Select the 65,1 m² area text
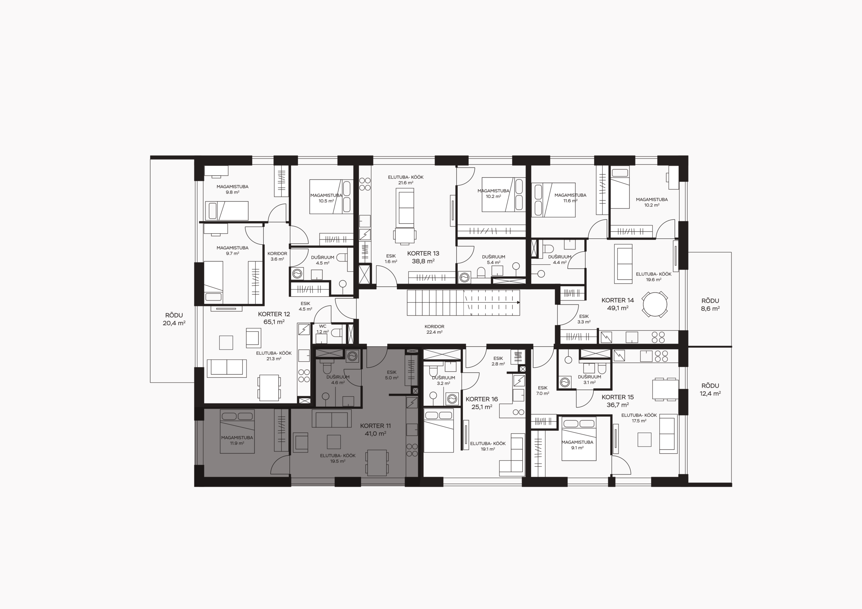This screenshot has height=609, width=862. click(x=274, y=322)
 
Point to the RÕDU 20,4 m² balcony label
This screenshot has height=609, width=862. click(x=174, y=319)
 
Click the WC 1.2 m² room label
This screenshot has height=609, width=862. click(x=323, y=329)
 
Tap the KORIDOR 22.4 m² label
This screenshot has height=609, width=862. click(x=434, y=329)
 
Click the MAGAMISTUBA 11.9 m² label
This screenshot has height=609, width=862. click(x=237, y=440)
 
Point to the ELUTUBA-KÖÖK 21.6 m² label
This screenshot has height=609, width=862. click(x=406, y=180)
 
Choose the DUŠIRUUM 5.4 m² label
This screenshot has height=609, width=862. click(x=494, y=260)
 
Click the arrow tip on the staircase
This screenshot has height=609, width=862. click(x=520, y=302)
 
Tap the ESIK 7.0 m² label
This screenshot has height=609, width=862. click(x=542, y=391)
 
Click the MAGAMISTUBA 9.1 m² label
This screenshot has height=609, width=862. click(x=577, y=445)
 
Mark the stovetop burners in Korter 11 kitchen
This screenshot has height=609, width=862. click(x=412, y=450)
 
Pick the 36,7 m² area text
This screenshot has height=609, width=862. click(x=618, y=405)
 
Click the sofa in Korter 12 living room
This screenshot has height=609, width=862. click(x=227, y=368)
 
